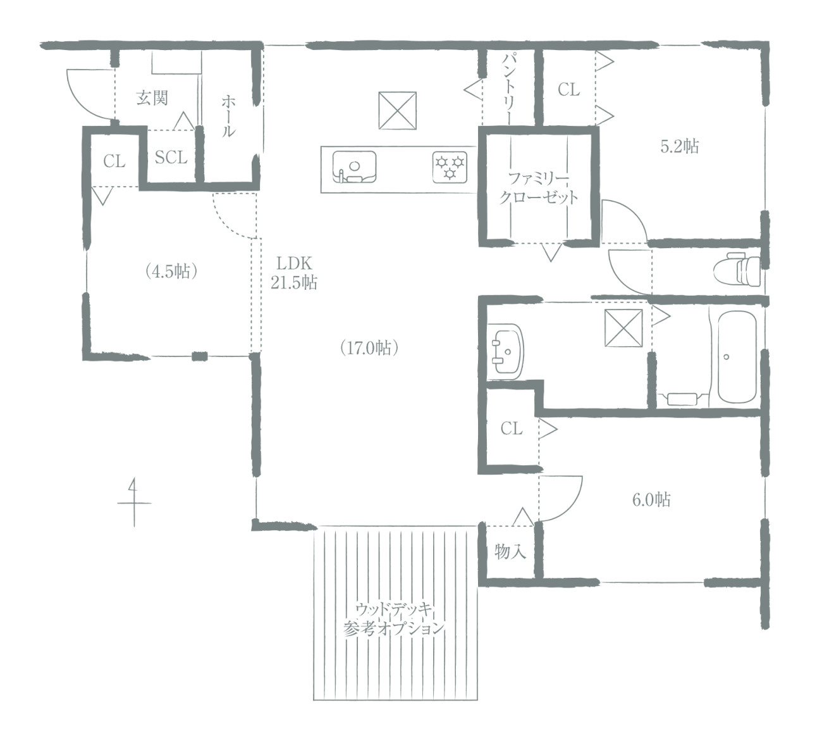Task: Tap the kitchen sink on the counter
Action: (354, 167)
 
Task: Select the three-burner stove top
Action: (450, 167)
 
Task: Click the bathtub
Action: (737, 357)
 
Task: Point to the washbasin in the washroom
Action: (505, 352)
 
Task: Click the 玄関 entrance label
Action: (152, 98)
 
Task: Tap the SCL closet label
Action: (171, 157)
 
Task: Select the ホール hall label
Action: (228, 116)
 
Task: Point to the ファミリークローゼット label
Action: (538, 187)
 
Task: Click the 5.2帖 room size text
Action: (680, 146)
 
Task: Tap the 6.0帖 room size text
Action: (651, 499)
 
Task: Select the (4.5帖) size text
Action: (171, 272)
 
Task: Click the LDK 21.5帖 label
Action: (294, 273)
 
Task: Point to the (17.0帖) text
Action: (369, 348)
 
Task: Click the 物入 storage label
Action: (510, 551)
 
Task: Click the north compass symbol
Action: (133, 503)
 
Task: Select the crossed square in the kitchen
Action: (397, 111)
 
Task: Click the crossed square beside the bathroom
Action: (623, 328)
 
